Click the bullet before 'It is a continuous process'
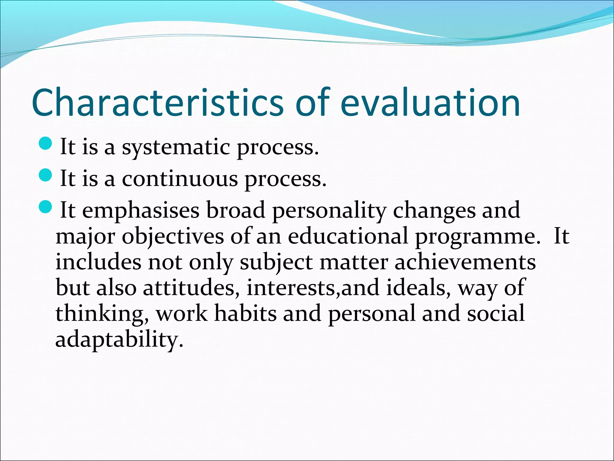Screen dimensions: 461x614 pos(46,175)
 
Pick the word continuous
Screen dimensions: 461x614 pos(180,179)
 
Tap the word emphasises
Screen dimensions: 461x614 pos(141,211)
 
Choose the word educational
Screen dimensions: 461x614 pos(348,236)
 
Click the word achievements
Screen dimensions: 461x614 pos(465,262)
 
